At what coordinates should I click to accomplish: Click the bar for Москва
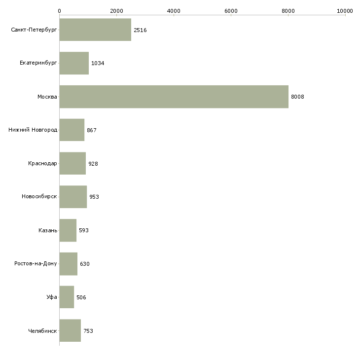click(174, 97)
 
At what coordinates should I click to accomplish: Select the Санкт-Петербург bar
click(95, 30)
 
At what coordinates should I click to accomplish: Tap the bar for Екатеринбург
click(74, 63)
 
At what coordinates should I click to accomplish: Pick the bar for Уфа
click(67, 297)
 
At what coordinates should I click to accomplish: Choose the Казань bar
click(68, 230)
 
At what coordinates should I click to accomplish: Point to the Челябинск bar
click(70, 330)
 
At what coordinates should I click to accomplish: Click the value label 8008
click(297, 97)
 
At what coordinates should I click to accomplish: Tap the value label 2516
click(140, 30)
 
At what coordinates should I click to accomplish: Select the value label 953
click(94, 197)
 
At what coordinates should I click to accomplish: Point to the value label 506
click(81, 297)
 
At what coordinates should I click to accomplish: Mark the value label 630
click(85, 264)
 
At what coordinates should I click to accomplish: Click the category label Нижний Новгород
click(33, 130)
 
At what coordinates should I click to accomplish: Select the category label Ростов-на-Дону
click(36, 264)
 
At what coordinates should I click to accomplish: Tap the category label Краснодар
click(42, 163)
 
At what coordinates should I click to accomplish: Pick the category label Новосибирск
click(39, 197)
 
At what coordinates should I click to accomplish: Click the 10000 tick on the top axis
click(345, 10)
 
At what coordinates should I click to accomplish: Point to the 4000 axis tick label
click(174, 10)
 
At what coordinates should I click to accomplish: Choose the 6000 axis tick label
click(231, 10)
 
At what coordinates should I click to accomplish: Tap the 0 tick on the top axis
click(59, 10)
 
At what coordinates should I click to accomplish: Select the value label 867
click(92, 130)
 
